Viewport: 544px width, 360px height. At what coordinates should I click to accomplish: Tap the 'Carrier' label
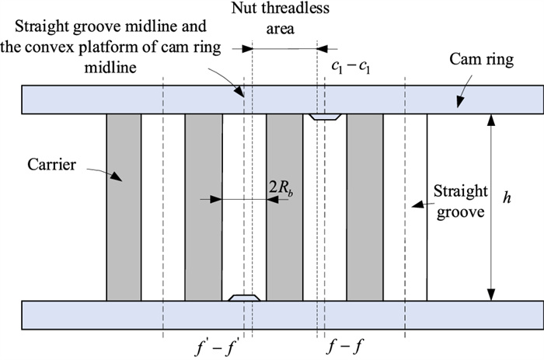coord(51,165)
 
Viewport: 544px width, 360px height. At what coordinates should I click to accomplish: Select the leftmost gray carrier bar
coord(124,206)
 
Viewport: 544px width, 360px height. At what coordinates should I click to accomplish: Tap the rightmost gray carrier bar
coord(364,206)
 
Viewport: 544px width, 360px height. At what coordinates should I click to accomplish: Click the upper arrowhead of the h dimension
coord(490,117)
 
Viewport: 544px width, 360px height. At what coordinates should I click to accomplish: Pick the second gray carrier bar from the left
coord(204,206)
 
